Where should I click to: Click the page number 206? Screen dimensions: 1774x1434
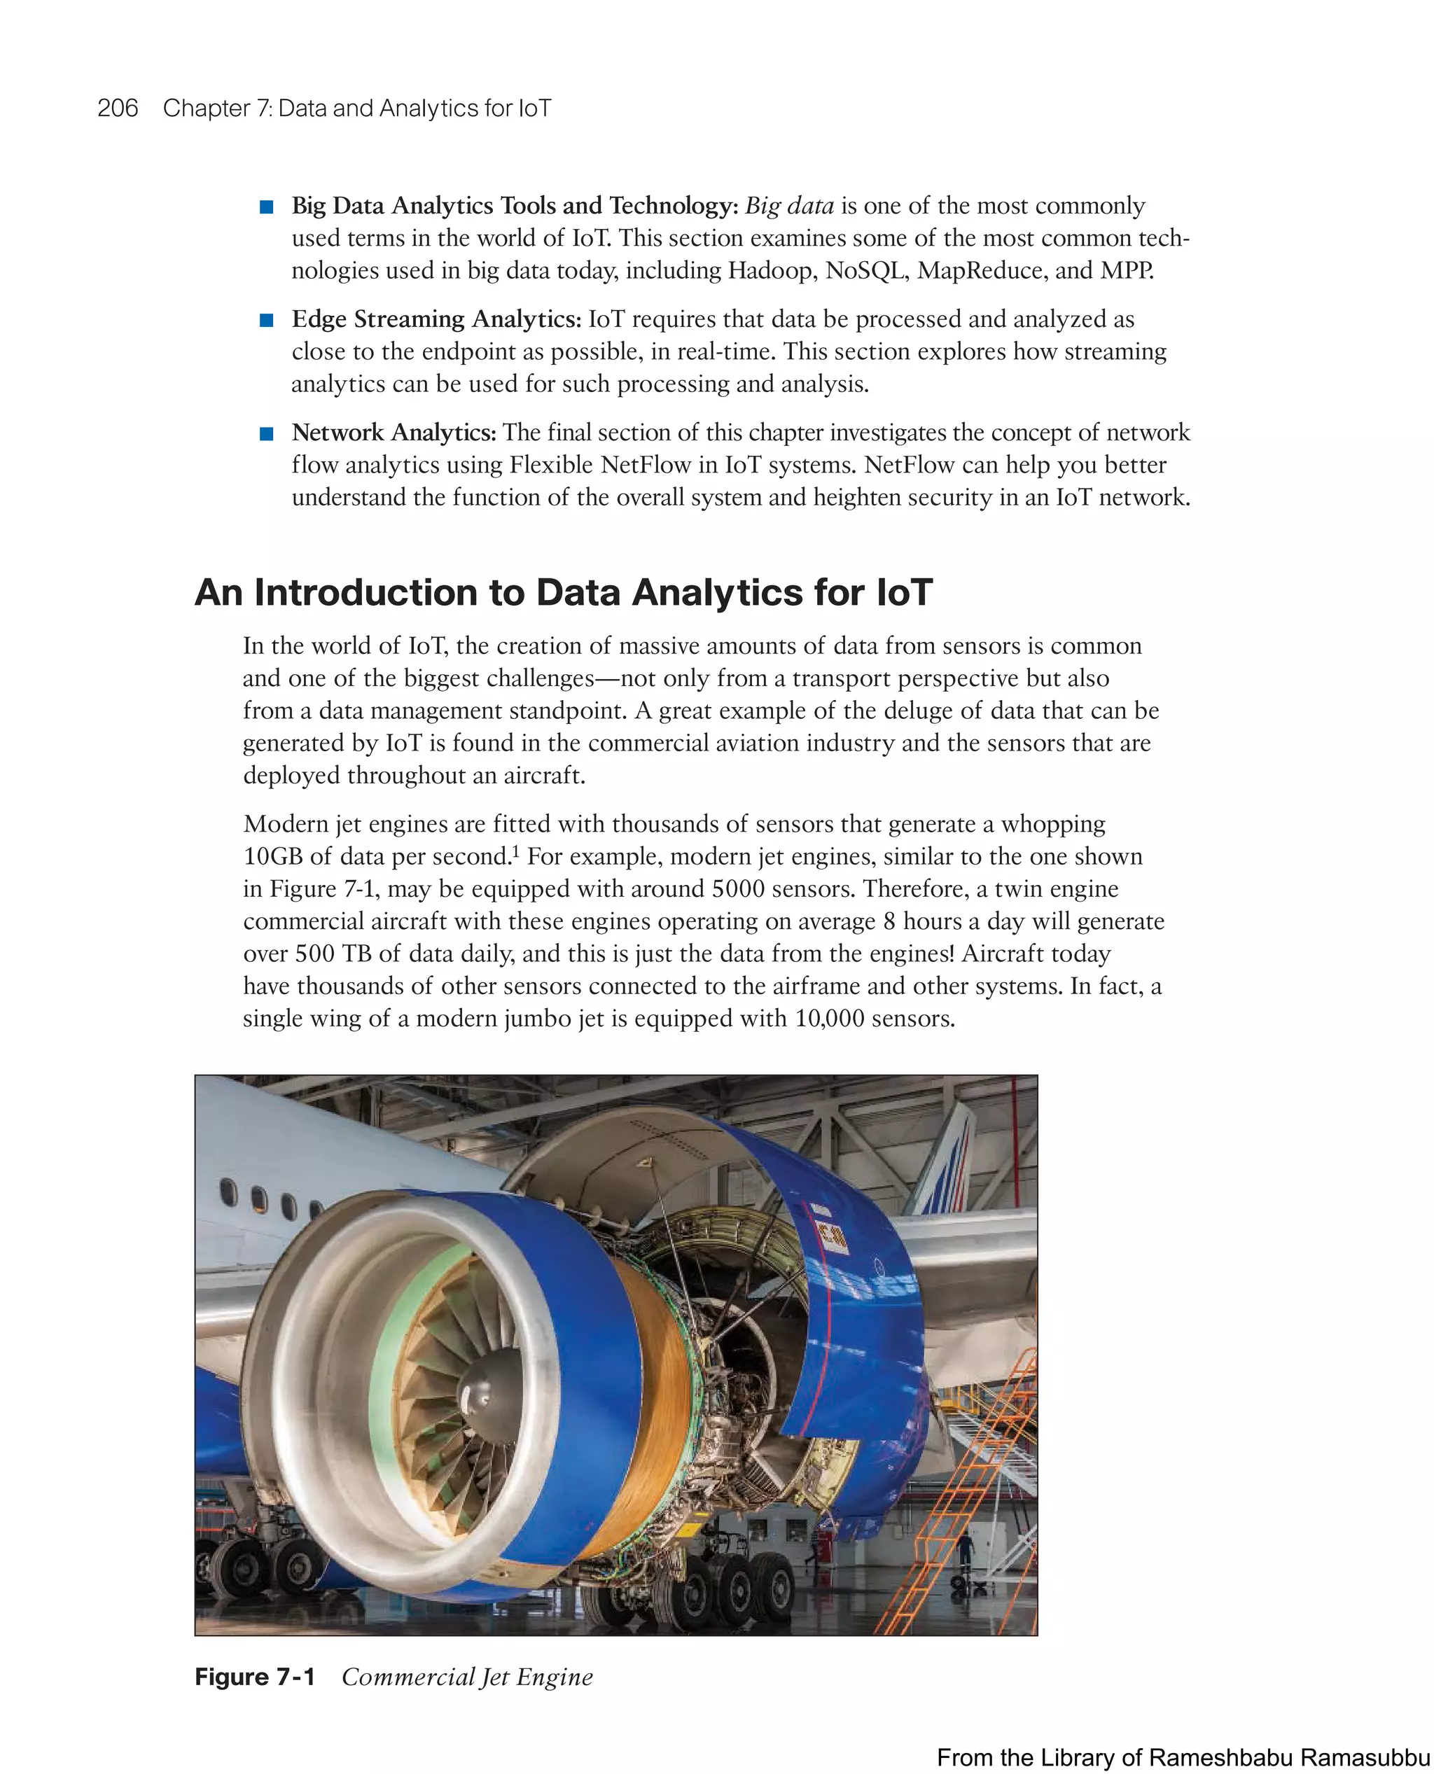(118, 109)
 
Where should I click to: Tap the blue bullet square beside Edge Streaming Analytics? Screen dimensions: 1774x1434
(266, 321)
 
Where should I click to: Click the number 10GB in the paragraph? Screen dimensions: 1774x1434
(272, 856)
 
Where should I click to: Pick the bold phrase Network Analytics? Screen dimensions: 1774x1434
(394, 433)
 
